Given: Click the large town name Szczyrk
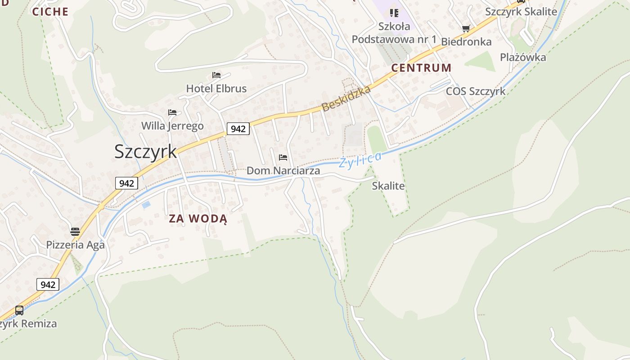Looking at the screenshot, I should pyautogui.click(x=145, y=152).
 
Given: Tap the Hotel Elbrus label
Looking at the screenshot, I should pyautogui.click(x=216, y=89).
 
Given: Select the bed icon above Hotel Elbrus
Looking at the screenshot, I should pyautogui.click(x=216, y=75).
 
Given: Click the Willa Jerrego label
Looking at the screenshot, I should pyautogui.click(x=172, y=126).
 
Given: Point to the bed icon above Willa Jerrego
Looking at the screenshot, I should pyautogui.click(x=172, y=112).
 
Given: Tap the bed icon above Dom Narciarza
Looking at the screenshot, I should pyautogui.click(x=283, y=157).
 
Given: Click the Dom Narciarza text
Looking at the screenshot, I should pyautogui.click(x=283, y=171).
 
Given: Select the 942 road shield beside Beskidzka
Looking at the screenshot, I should pyautogui.click(x=238, y=129).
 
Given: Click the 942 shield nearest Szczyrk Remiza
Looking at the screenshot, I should pyautogui.click(x=48, y=284).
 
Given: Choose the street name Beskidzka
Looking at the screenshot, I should pyautogui.click(x=346, y=99).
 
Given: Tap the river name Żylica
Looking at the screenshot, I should pyautogui.click(x=360, y=160).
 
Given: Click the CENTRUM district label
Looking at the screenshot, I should pyautogui.click(x=421, y=68).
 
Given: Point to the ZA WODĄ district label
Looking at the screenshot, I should pyautogui.click(x=198, y=219).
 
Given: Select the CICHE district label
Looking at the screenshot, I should pyautogui.click(x=50, y=12).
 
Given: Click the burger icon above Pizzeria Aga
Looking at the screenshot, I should pyautogui.click(x=75, y=232).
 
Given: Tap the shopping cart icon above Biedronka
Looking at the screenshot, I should pyautogui.click(x=466, y=29).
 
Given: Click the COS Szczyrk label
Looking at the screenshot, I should pyautogui.click(x=476, y=91).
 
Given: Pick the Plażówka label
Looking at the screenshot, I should pyautogui.click(x=523, y=57).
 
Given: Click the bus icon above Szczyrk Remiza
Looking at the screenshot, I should pyautogui.click(x=19, y=310).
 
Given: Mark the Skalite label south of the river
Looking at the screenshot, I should pyautogui.click(x=388, y=186).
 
